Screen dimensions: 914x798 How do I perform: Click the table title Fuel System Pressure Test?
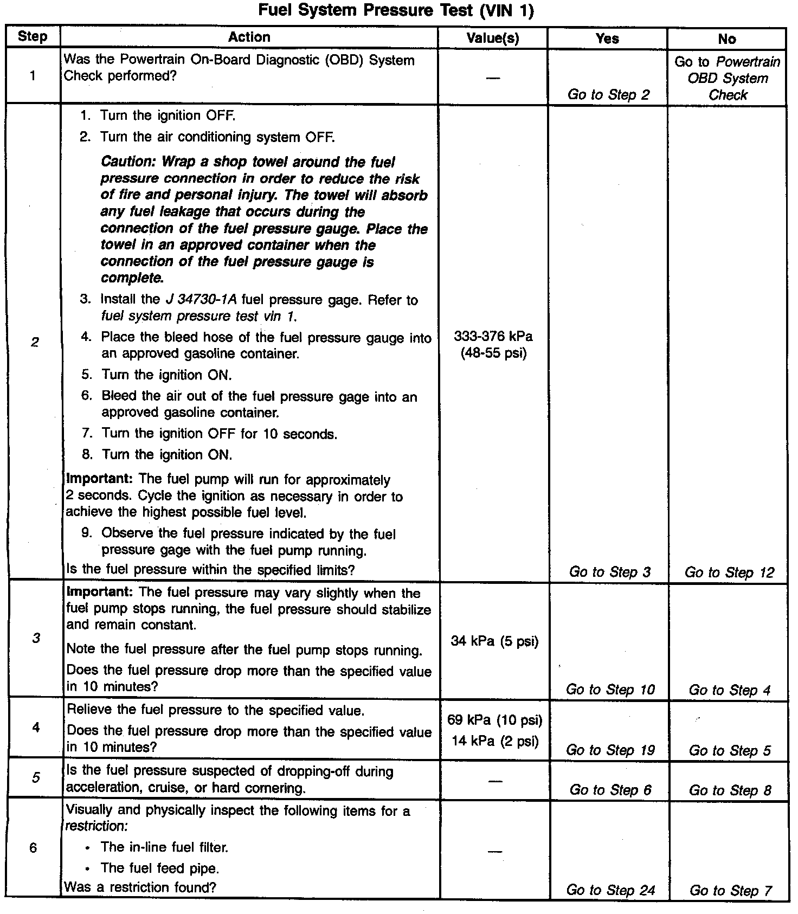pyautogui.click(x=396, y=10)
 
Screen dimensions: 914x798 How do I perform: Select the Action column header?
pyautogui.click(x=249, y=37)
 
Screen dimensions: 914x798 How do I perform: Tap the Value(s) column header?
pyautogui.click(x=493, y=38)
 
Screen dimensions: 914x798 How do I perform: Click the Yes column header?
pyautogui.click(x=607, y=38)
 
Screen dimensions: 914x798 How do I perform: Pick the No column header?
pyautogui.click(x=727, y=39)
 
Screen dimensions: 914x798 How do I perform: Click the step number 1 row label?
pyautogui.click(x=33, y=75)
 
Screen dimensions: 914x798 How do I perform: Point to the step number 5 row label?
pyautogui.click(x=35, y=777)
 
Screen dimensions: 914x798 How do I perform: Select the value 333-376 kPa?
pyautogui.click(x=493, y=337)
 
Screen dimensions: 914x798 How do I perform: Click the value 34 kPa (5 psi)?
pyautogui.click(x=494, y=641)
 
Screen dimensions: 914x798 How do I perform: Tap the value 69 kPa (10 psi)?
pyautogui.click(x=494, y=720)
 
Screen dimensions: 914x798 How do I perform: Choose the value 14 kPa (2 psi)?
pyautogui.click(x=494, y=741)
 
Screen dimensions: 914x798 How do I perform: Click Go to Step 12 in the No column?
pyautogui.click(x=729, y=572)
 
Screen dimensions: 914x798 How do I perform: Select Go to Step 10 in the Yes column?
pyautogui.click(x=610, y=690)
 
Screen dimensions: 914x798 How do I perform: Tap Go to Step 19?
pyautogui.click(x=610, y=750)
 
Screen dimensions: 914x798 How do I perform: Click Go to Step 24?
pyautogui.click(x=610, y=890)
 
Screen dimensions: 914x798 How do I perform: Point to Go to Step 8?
pyautogui.click(x=730, y=790)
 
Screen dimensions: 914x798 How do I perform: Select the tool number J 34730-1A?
pyautogui.click(x=201, y=300)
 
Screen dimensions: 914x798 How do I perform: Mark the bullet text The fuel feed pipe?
pyautogui.click(x=160, y=868)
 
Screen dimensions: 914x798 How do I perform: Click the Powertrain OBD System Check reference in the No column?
pyautogui.click(x=728, y=79)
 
